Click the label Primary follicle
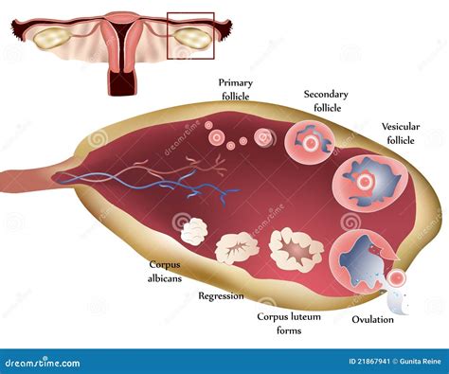(236, 89)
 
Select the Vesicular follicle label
(401, 134)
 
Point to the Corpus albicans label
(166, 271)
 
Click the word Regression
(220, 295)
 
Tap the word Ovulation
(372, 319)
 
